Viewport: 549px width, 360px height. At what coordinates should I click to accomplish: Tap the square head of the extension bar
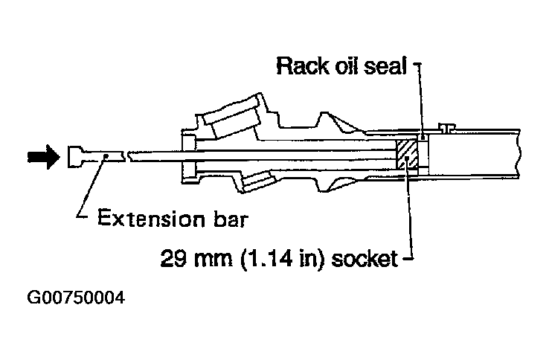(x=74, y=156)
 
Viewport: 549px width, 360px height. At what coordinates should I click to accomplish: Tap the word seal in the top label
(x=388, y=66)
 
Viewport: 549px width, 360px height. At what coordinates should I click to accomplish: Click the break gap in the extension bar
(x=124, y=155)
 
